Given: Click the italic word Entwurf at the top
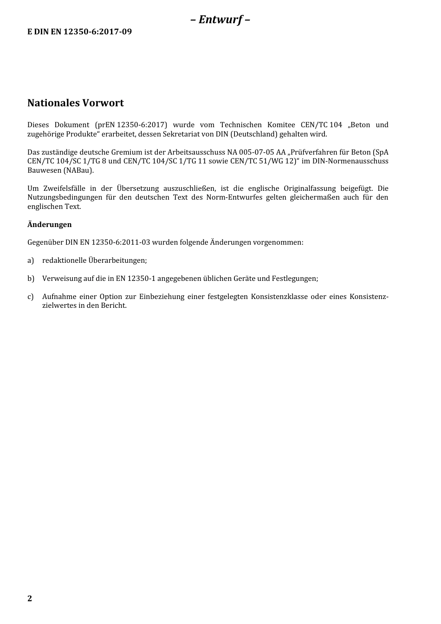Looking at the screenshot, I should (220, 19).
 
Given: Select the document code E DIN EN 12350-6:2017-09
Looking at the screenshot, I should (79, 32).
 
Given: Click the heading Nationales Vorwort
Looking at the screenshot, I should (76, 103).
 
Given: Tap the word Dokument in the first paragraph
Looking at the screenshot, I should (72, 125).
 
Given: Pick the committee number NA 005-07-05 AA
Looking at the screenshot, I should (257, 152).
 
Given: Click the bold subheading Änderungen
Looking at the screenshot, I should (50, 224).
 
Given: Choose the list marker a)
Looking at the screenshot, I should (31, 260).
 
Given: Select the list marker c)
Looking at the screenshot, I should (31, 297).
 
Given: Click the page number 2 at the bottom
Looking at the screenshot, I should (30, 598).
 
